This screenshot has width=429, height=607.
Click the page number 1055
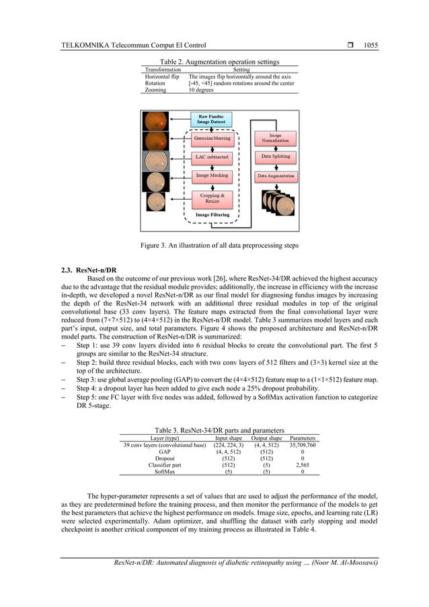370,46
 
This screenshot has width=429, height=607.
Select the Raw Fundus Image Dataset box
212,119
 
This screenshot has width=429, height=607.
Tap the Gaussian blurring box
212,139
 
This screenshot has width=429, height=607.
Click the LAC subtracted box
212,157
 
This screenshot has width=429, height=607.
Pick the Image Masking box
212,175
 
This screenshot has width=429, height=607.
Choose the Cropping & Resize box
212,198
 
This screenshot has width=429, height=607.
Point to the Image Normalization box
275,138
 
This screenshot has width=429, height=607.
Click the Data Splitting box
275,157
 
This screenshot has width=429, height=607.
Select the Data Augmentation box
275,176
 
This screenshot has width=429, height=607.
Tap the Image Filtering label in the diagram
212,215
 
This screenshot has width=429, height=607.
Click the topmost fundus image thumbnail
156,121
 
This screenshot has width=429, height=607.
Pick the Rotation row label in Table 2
156,83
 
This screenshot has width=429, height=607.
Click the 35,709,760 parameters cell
302,445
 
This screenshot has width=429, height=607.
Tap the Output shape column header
266,437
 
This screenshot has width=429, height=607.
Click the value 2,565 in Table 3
302,465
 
